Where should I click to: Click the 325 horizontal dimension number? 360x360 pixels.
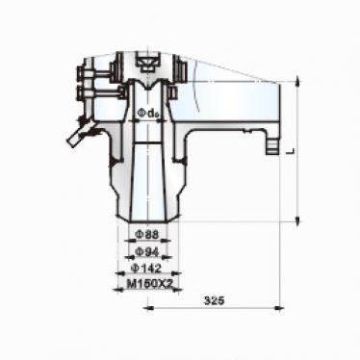[214, 301]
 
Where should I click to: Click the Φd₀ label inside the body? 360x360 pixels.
[147, 115]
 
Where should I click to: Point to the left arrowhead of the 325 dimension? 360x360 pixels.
[150, 309]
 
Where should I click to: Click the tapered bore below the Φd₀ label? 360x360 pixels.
[147, 173]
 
